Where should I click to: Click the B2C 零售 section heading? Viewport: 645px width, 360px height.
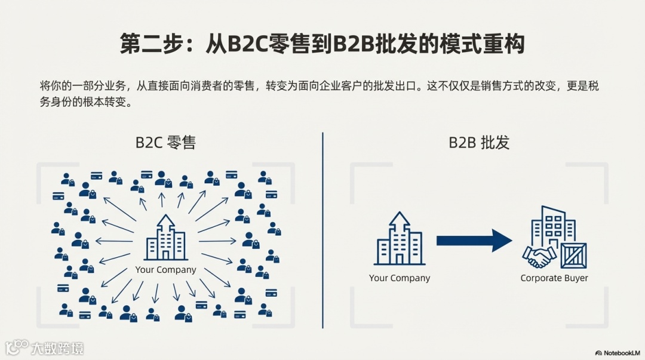pyautogui.click(x=165, y=143)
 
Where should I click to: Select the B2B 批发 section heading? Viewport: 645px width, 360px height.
pyautogui.click(x=480, y=143)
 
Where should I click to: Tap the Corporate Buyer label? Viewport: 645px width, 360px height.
pyautogui.click(x=554, y=278)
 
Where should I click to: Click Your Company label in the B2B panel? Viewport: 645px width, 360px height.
pyautogui.click(x=400, y=278)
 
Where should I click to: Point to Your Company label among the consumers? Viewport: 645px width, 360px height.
pyautogui.click(x=165, y=270)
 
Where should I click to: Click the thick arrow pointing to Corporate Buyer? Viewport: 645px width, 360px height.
pyautogui.click(x=474, y=241)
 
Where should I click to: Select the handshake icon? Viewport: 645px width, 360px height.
pyautogui.click(x=539, y=257)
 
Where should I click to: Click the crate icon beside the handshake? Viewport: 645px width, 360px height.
pyautogui.click(x=573, y=256)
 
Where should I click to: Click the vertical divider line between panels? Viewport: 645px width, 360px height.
pyautogui.click(x=322, y=230)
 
